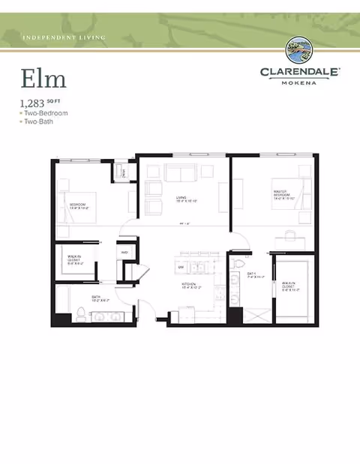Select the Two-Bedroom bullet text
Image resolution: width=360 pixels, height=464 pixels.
pos(44,112)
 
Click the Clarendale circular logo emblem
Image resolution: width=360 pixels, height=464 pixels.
pos(300,51)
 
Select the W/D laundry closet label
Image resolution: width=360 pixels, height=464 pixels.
pos(125,252)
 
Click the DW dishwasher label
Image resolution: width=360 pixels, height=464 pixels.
pos(181,267)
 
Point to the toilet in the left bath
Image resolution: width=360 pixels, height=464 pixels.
pos(81,313)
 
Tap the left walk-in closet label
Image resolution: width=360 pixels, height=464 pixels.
pos(74,259)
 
